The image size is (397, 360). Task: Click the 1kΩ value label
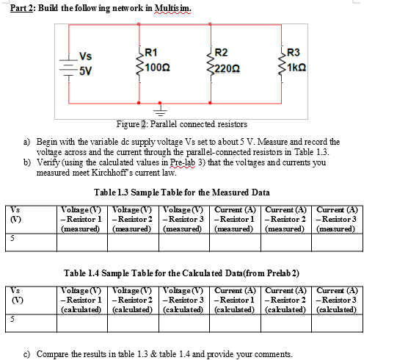[299, 68]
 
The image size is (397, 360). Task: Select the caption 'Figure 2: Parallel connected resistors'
[181, 124]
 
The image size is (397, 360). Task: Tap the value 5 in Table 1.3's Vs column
[12, 240]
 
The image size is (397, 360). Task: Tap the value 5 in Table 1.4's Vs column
[12, 320]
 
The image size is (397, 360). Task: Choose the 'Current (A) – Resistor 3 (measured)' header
[337, 218]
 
